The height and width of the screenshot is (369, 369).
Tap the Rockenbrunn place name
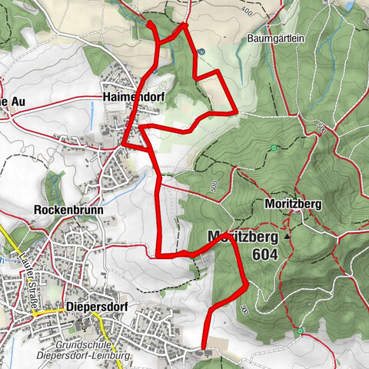coord(58,208)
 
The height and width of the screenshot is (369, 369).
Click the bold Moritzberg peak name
coord(240,236)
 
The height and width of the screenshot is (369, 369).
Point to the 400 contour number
coord(246,12)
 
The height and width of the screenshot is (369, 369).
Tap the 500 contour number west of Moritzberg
coord(213,185)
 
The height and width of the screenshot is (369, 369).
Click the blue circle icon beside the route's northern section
coord(201,52)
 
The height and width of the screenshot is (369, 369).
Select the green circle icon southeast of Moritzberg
coord(301,331)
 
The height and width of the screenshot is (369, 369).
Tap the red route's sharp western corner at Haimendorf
coord(123,143)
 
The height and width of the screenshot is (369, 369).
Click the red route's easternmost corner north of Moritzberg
coord(237,111)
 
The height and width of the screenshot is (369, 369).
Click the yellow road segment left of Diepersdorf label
coord(46,310)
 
